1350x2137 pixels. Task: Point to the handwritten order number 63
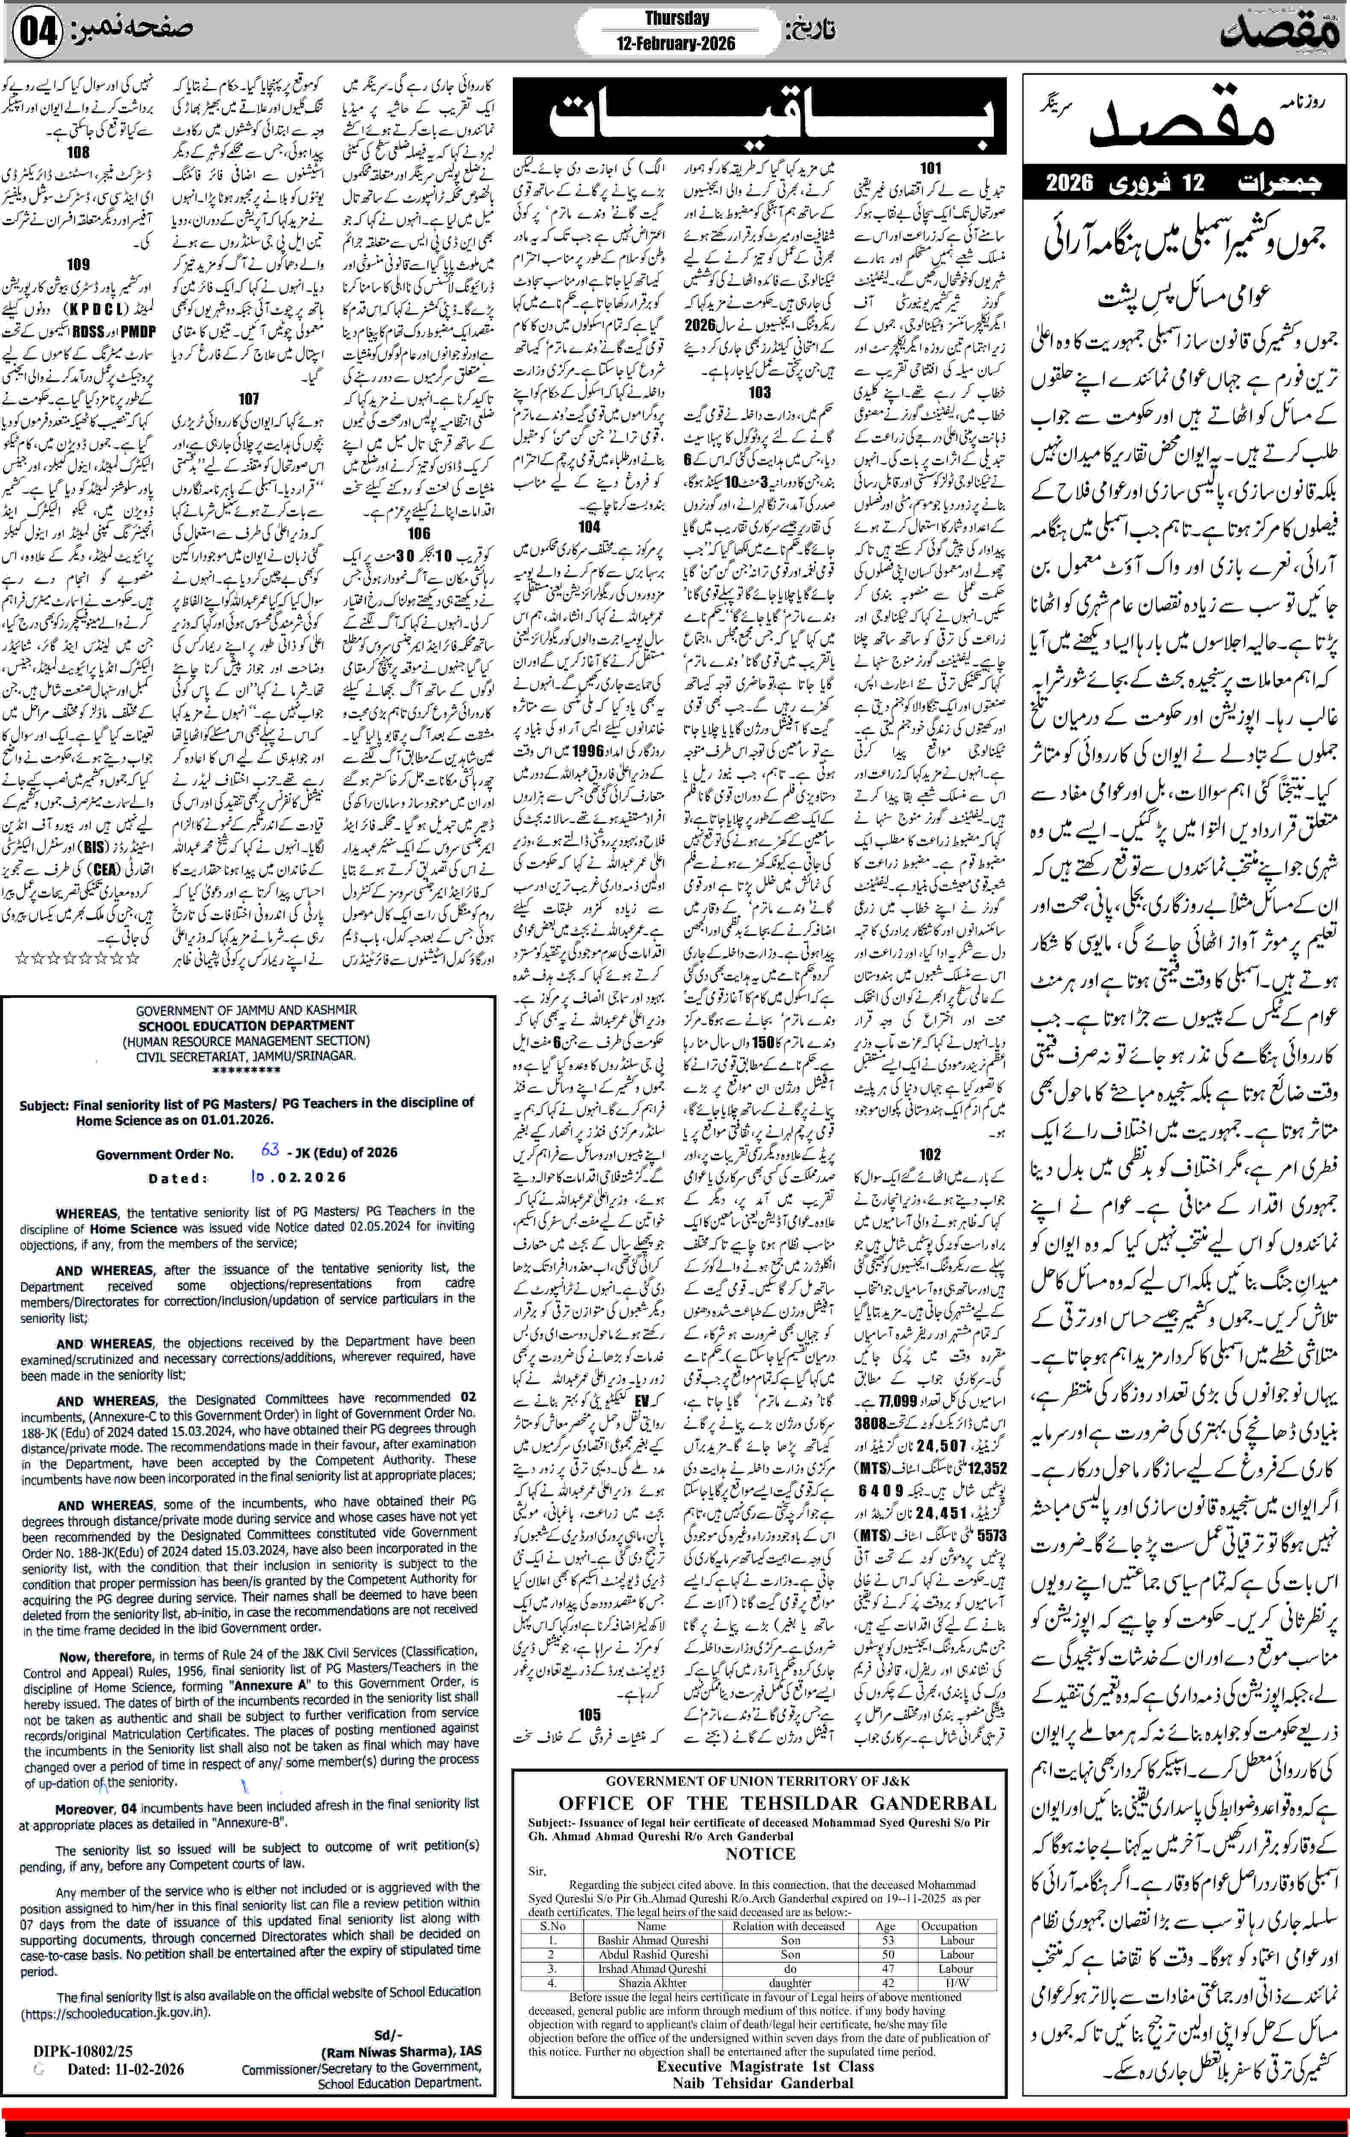(270, 1148)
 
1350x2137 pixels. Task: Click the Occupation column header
(949, 1926)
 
